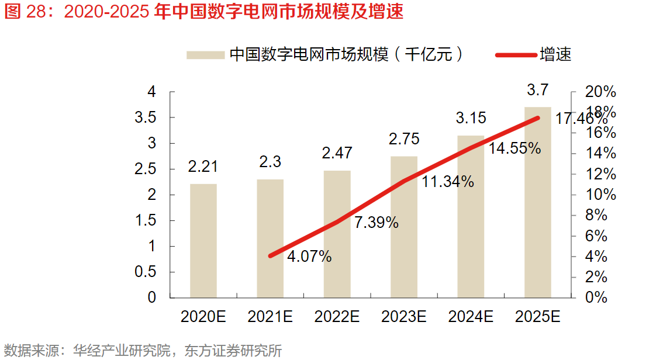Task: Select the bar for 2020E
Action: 203,241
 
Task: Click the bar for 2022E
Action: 337,234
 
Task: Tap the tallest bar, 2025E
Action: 538,202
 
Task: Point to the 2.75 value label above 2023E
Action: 404,139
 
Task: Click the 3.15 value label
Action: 471,118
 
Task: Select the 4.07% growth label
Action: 309,256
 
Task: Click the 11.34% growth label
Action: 448,182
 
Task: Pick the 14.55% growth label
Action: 514,148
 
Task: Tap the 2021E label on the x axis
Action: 270,317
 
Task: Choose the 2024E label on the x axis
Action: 471,317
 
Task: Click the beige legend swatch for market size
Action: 206,55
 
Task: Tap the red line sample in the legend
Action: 516,55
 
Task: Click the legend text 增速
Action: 555,55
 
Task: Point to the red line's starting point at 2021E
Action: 270,256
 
